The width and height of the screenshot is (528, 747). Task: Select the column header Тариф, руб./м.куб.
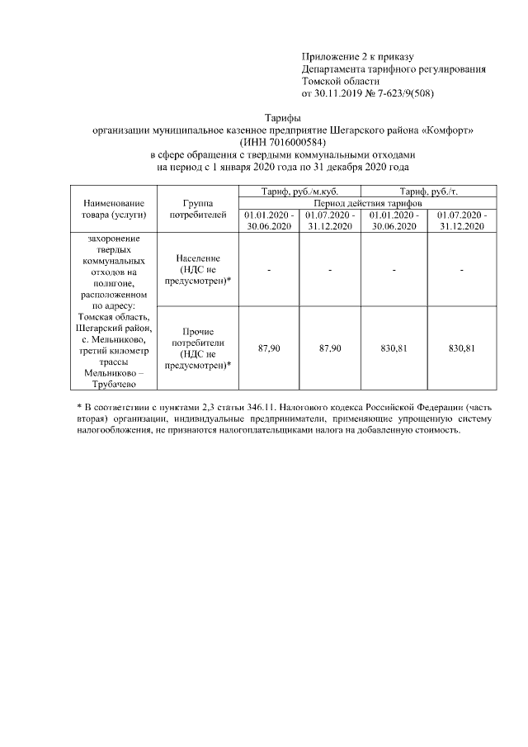pyautogui.click(x=299, y=191)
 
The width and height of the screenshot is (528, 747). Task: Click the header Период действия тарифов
pyautogui.click(x=367, y=202)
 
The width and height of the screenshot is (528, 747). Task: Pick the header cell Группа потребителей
pyautogui.click(x=198, y=209)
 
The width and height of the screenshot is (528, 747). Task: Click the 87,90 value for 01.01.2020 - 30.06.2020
pyautogui.click(x=269, y=349)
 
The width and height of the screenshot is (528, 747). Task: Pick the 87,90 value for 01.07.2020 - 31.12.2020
pyautogui.click(x=330, y=349)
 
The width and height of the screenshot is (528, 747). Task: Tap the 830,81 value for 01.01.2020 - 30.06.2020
pyautogui.click(x=394, y=349)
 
